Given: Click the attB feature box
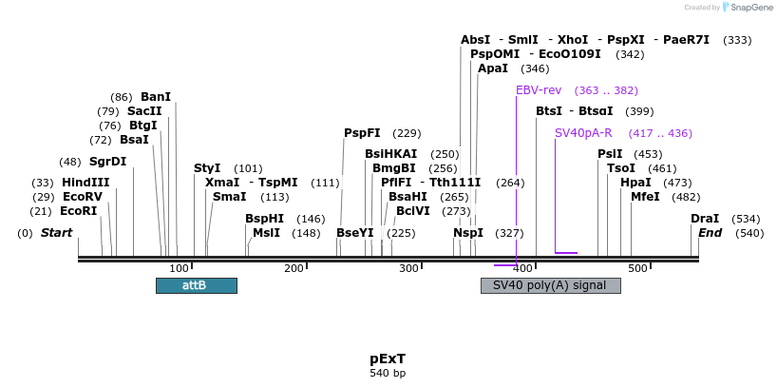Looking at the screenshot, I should [x=196, y=285].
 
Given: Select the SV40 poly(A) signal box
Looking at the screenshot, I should [x=550, y=285].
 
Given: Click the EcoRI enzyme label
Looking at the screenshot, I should [x=78, y=211].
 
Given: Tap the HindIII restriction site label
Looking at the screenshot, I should [x=85, y=183].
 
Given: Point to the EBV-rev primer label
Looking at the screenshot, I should [x=539, y=90].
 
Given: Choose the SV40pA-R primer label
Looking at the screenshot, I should [x=583, y=133].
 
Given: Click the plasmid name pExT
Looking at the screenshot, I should [x=388, y=359].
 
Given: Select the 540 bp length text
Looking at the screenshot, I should [x=388, y=373].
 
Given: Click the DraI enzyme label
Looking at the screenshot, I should [x=705, y=219].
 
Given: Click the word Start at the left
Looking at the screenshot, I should [x=56, y=233].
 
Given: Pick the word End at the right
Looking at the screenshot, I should [x=711, y=233].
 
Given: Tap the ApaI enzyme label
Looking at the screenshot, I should [x=493, y=68].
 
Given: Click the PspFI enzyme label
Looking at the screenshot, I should [x=362, y=133].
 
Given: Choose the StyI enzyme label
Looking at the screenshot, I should [x=207, y=168].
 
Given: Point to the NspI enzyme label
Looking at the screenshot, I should [x=468, y=233].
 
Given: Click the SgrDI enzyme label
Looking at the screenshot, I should [x=107, y=162].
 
